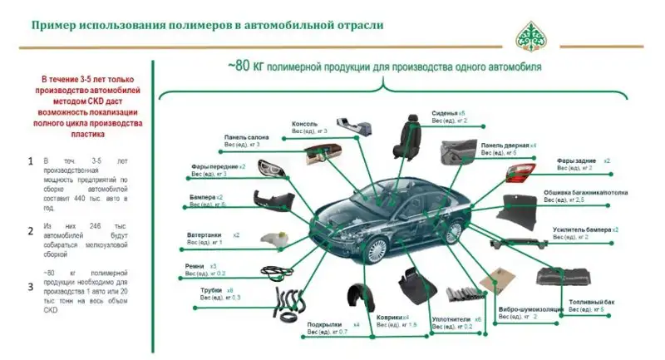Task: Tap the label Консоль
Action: [x=305, y=124]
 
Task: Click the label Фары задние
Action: [x=575, y=160]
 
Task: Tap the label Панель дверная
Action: [x=502, y=145]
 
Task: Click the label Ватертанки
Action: [x=204, y=235]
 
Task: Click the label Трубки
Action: [x=211, y=290]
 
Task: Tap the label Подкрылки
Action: [x=321, y=323]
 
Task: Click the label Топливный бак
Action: [x=591, y=302]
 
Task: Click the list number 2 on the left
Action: [x=30, y=231]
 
